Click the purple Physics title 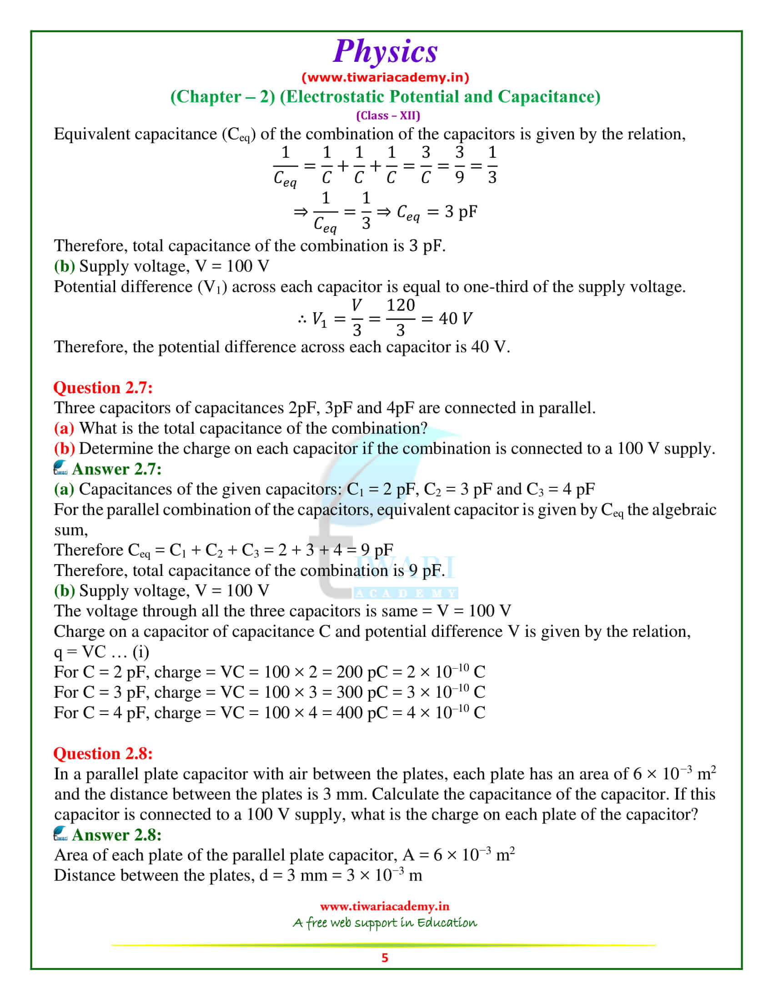tap(385, 51)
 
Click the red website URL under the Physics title tap(385, 77)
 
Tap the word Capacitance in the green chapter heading tap(549, 97)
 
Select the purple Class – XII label tap(388, 115)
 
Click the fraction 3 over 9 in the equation tap(459, 165)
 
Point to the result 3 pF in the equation tap(461, 211)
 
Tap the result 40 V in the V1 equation tap(455, 319)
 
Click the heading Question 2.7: tap(103, 388)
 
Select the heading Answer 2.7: tap(117, 469)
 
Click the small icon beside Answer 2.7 tap(60, 468)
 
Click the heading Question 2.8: tap(103, 754)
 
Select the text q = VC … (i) tap(101, 652)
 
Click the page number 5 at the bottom tap(385, 958)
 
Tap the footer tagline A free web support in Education tap(385, 923)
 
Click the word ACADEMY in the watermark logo tap(406, 593)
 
